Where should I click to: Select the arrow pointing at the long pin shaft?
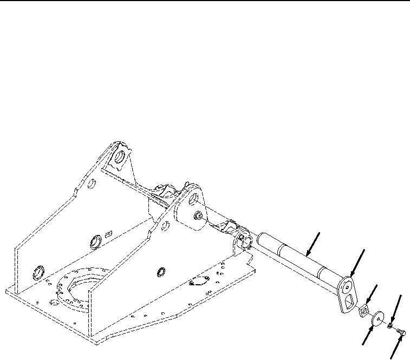coord(313,244)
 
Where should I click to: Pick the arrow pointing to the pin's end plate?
coord(357,261)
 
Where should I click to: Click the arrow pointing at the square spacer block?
coord(372,296)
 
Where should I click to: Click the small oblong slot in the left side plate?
coord(108,233)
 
